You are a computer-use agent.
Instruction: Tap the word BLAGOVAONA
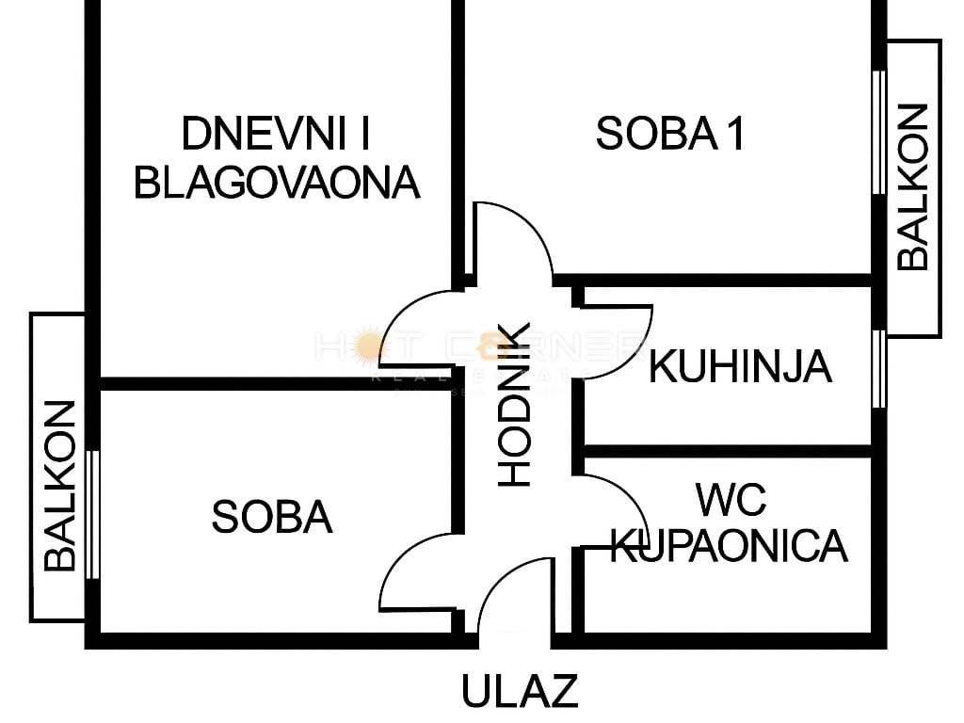point(277,182)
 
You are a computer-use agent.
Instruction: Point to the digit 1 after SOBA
point(734,135)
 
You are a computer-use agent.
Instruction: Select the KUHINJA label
point(740,366)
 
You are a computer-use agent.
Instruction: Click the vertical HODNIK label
point(515,405)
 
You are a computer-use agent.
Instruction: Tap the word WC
point(731,498)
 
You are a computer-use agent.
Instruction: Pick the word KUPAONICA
point(730,545)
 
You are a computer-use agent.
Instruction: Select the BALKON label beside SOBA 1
point(912,187)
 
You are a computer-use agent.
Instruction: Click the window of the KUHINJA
point(878,368)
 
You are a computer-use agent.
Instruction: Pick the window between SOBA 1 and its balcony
point(878,131)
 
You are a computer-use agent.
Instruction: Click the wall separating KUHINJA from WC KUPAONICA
point(725,451)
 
